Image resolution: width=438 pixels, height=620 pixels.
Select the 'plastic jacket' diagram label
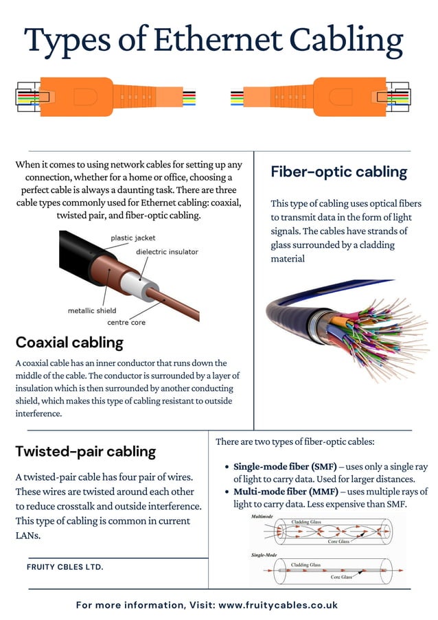point(133,238)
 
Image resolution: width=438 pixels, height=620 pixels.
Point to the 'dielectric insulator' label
point(167,252)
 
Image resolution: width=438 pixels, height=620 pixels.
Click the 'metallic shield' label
point(92,310)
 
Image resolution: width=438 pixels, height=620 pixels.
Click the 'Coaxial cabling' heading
point(69,342)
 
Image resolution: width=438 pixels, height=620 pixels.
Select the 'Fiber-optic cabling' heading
point(338,172)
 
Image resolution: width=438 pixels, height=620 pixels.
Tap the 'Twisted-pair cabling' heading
point(85,451)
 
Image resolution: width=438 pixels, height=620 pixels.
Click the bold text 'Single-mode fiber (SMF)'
point(285,466)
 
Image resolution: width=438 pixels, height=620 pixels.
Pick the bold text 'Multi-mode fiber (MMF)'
point(284,492)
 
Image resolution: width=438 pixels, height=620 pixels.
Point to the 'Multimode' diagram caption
point(263,516)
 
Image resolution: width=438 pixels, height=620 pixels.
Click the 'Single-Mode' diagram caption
point(264,554)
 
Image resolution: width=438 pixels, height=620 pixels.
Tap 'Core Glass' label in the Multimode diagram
point(338,542)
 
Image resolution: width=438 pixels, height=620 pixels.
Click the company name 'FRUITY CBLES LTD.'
point(65,567)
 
